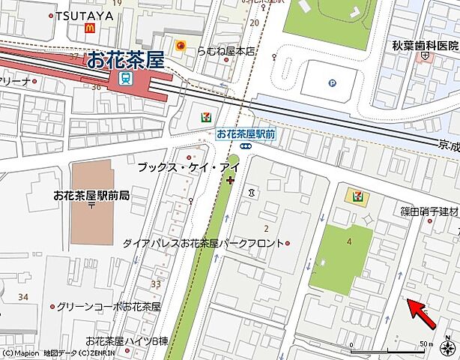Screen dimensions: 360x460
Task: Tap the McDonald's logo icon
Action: pos(91,28)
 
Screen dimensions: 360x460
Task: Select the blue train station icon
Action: pos(127,78)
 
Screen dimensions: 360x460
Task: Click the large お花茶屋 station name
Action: pos(124,59)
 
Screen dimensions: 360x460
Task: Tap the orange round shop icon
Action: pos(181,46)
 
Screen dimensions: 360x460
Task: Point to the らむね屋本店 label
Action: pos(226,51)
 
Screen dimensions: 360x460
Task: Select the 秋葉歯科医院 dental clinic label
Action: pos(425,45)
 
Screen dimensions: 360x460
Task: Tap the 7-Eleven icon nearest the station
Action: pos(205,116)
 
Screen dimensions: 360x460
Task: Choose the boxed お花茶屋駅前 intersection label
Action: pos(245,133)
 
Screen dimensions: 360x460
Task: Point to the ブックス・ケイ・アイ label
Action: pos(178,168)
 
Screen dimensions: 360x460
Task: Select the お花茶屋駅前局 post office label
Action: pos(91,194)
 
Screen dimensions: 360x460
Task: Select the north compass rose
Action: pos(447,348)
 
